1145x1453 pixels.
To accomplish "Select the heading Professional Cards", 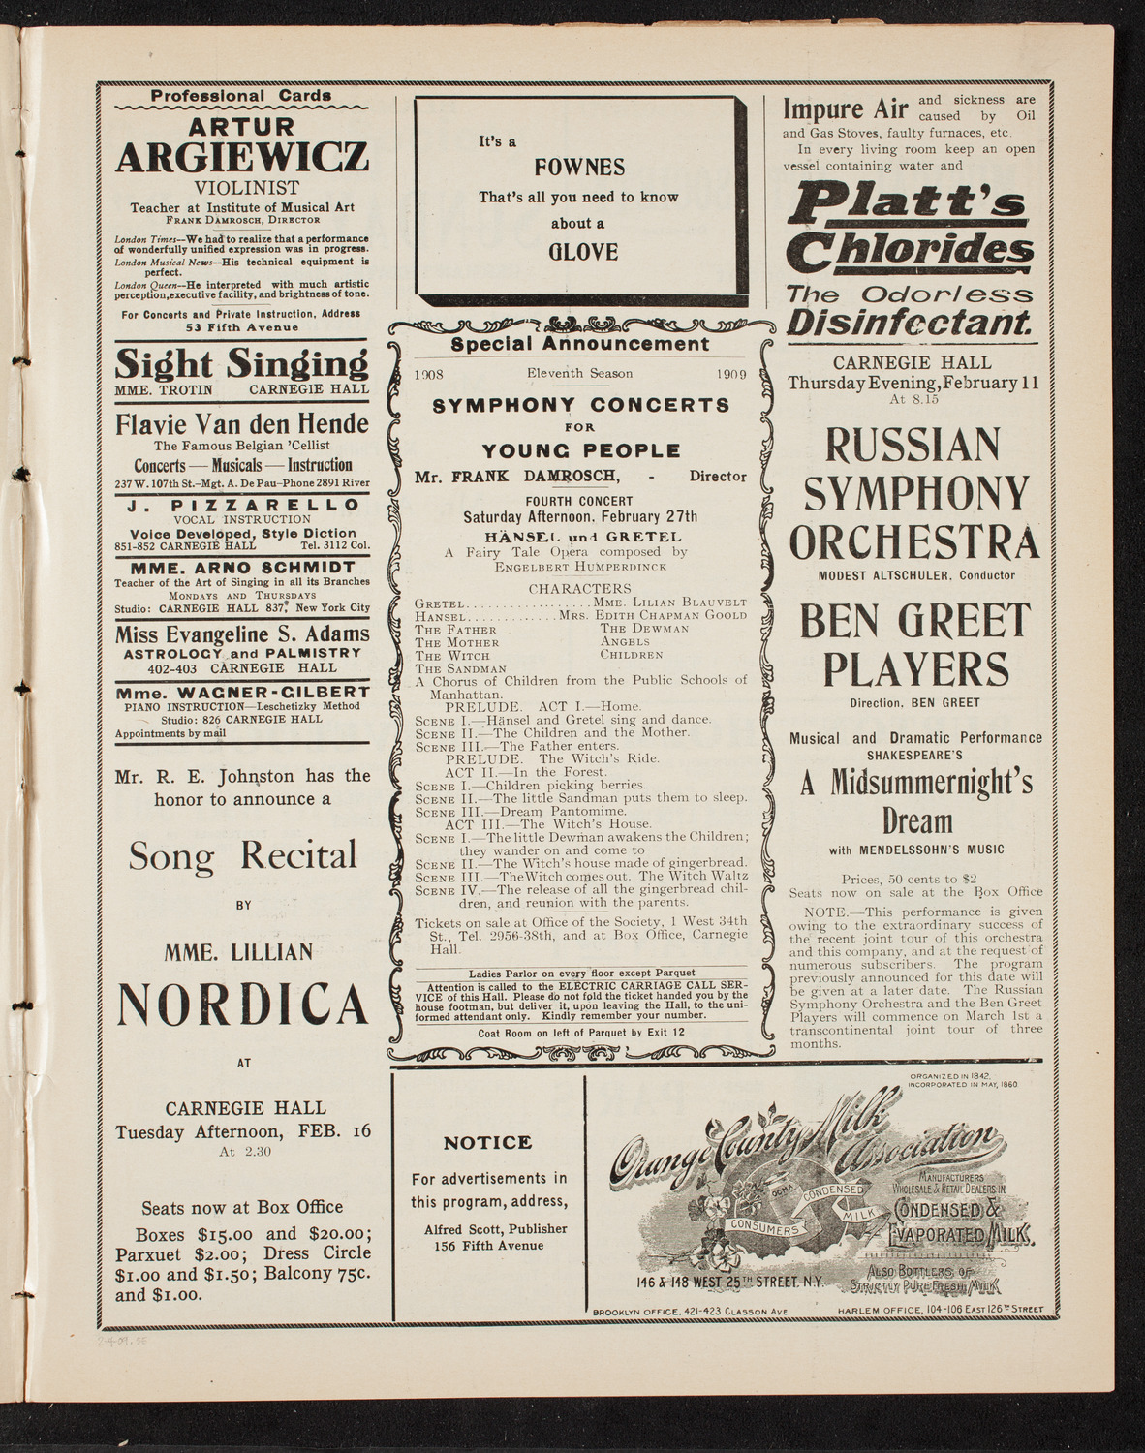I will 241,96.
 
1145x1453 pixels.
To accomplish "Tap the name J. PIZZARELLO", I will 241,505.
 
